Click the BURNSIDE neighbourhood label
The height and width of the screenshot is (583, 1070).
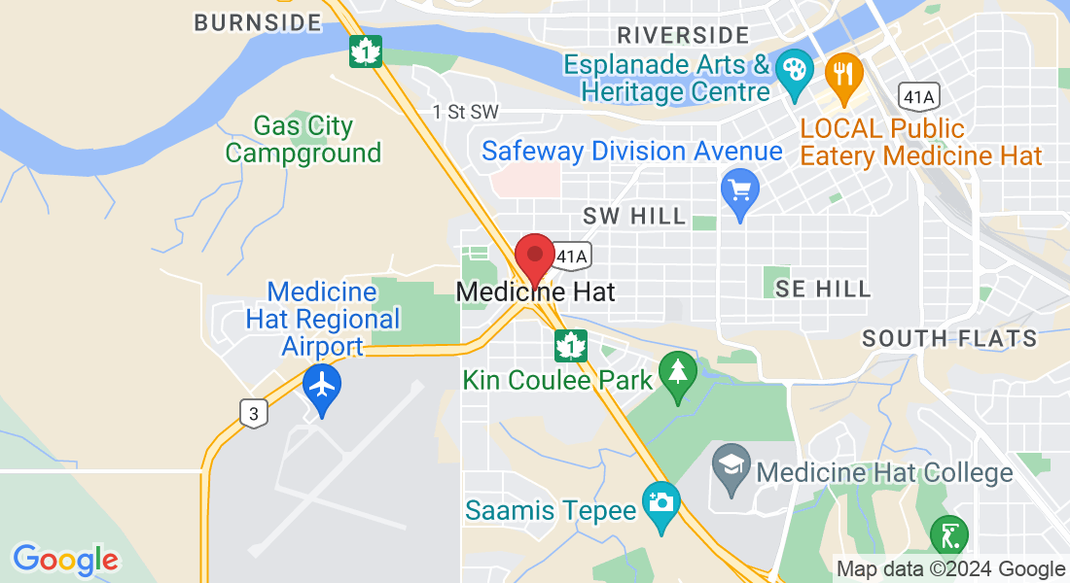(257, 22)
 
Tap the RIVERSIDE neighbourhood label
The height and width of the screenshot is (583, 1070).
(683, 36)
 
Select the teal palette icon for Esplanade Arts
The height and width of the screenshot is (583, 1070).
(796, 70)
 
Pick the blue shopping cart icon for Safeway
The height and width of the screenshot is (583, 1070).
(740, 189)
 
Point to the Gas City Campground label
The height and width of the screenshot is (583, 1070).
(303, 140)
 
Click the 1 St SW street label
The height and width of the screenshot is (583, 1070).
(466, 113)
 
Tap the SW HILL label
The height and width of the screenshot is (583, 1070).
(634, 216)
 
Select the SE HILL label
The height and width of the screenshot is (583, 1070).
(823, 288)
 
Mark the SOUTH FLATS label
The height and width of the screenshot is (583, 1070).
(949, 338)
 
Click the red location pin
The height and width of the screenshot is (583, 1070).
(534, 256)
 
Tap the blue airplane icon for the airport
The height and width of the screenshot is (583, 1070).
(321, 385)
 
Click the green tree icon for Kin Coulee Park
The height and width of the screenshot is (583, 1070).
(678, 372)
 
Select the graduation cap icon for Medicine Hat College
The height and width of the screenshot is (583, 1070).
(731, 464)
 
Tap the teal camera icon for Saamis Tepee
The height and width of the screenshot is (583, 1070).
(661, 502)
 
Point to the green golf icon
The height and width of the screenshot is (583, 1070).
(948, 535)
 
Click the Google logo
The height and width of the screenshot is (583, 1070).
(65, 560)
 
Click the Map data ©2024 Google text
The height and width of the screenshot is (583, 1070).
(951, 569)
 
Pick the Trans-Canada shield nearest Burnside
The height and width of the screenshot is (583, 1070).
(367, 52)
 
